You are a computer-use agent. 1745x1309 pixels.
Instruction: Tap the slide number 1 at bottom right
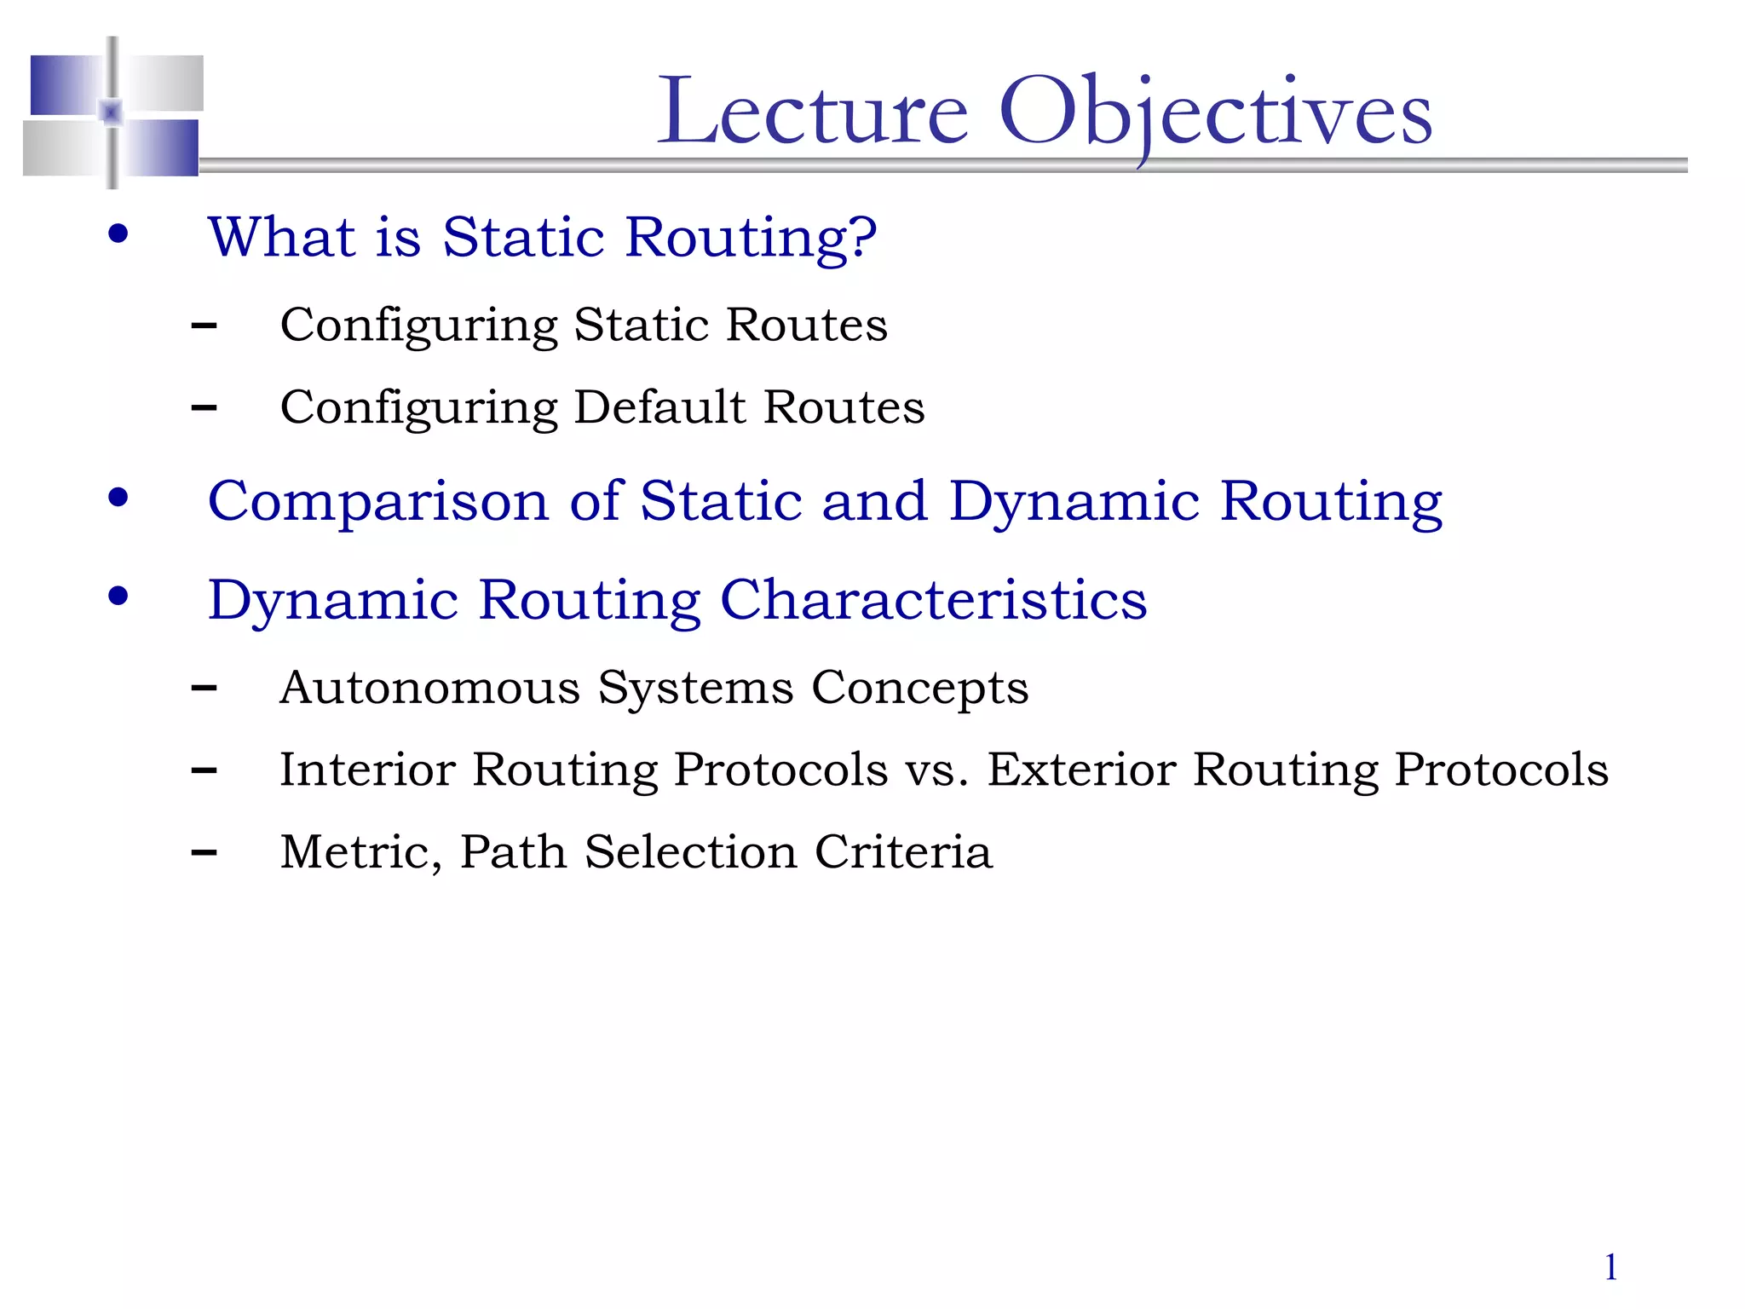tap(1610, 1267)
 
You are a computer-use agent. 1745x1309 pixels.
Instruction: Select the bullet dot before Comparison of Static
tap(118, 498)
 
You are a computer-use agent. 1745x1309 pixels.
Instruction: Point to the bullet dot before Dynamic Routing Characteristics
tap(118, 597)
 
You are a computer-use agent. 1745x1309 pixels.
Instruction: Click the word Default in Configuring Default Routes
tap(659, 407)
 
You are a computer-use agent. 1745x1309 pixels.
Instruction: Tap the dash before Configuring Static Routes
tap(204, 326)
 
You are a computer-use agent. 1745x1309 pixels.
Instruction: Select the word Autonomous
tap(429, 687)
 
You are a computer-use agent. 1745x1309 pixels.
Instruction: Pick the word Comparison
tap(378, 502)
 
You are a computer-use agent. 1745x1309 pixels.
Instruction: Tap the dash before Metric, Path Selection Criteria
tap(204, 852)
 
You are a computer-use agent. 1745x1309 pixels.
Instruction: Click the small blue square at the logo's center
tap(112, 112)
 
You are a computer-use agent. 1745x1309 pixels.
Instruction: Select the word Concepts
tap(919, 689)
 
